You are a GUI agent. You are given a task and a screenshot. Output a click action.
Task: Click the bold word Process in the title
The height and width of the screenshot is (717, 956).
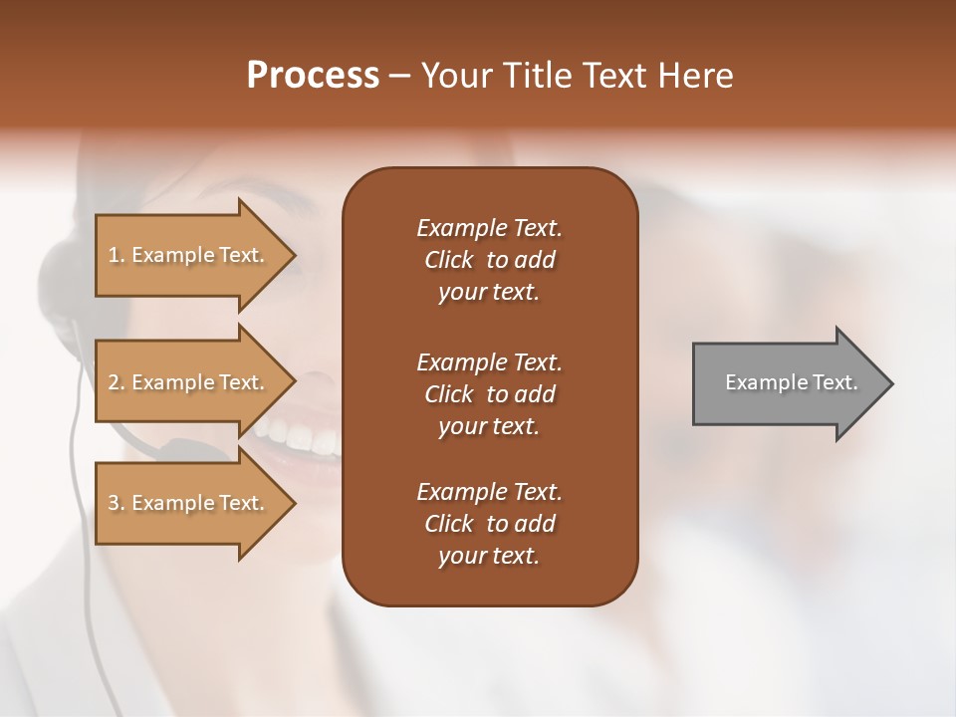pyautogui.click(x=313, y=76)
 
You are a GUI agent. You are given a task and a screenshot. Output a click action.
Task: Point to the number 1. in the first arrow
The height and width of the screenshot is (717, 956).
pyautogui.click(x=117, y=256)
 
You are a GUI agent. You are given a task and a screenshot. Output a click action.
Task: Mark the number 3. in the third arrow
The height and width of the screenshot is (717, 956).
pyautogui.click(x=117, y=504)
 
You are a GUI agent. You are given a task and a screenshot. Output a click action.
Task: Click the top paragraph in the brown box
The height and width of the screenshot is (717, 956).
pyautogui.click(x=489, y=260)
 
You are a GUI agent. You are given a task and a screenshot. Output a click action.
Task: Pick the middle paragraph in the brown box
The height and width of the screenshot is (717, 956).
pyautogui.click(x=489, y=394)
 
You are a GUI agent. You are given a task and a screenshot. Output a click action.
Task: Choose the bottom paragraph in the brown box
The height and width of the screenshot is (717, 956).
pyautogui.click(x=489, y=524)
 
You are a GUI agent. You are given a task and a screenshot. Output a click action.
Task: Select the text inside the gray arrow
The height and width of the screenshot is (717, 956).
pyautogui.click(x=791, y=383)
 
